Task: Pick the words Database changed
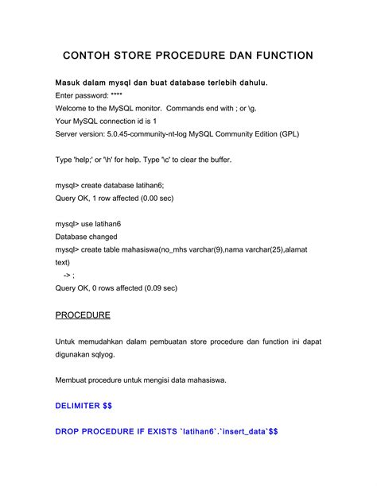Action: (87, 237)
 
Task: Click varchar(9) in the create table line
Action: (194, 249)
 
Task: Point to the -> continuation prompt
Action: (68, 275)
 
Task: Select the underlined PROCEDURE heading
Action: (83, 315)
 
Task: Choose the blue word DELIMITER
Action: (78, 406)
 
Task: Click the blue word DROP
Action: (69, 432)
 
